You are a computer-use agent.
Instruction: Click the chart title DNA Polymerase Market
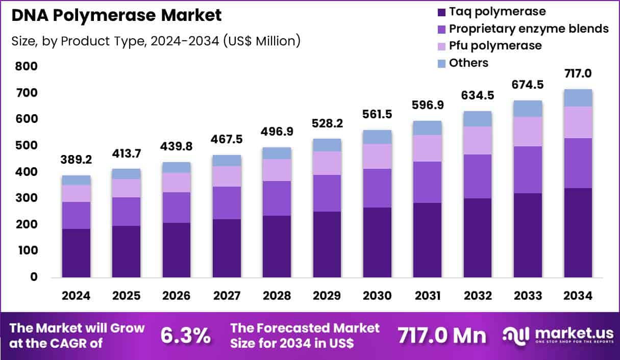coord(116,15)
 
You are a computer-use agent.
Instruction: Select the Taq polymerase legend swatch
coord(440,12)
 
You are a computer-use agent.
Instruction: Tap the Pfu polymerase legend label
coord(495,46)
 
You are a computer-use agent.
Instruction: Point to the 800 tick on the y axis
coord(26,66)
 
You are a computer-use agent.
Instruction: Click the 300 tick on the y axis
coord(26,198)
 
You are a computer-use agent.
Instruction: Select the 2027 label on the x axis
coord(227,296)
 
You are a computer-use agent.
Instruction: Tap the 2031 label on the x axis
coord(427,296)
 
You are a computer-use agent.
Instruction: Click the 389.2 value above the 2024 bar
coord(77,159)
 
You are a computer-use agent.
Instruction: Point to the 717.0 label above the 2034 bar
coord(578,73)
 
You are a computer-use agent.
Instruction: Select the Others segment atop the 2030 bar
coord(377,137)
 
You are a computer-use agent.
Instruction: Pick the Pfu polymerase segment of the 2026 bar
coord(177,182)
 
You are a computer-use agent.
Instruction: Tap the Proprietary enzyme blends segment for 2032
coord(477,176)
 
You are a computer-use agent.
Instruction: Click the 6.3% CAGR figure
coord(186,336)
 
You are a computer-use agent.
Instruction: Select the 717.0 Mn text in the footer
coord(442,336)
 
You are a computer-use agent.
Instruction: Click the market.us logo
coord(557,335)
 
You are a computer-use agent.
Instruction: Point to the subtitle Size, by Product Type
coord(156,41)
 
